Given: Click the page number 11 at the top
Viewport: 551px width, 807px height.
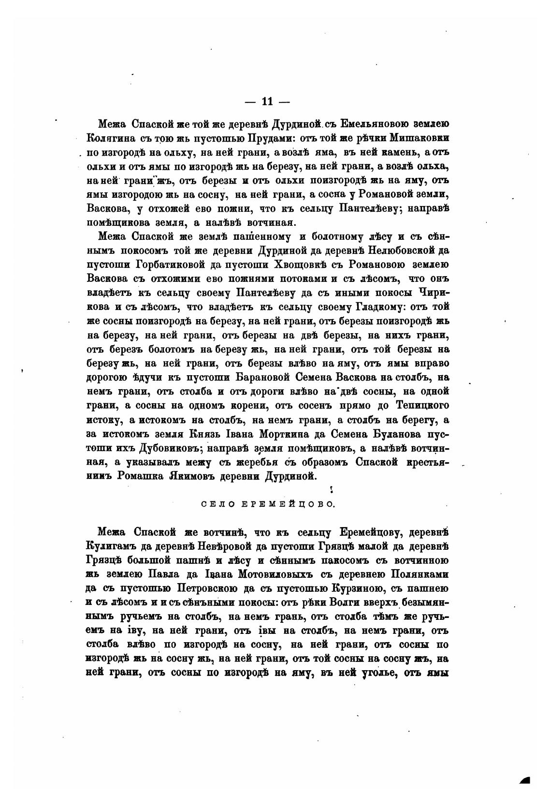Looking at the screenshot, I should pyautogui.click(x=267, y=102).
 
